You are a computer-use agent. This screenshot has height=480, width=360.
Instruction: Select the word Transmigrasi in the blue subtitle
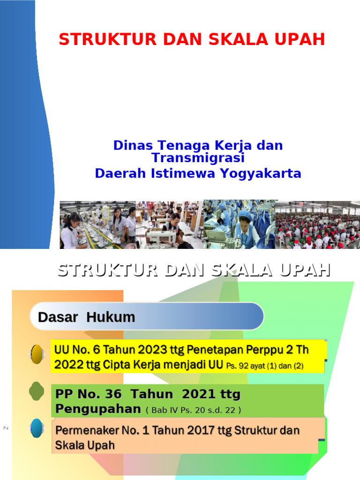pyautogui.click(x=198, y=157)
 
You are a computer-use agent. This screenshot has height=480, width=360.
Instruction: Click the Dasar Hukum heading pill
pyautogui.click(x=146, y=317)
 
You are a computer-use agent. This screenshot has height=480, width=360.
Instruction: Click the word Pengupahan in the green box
pyautogui.click(x=98, y=409)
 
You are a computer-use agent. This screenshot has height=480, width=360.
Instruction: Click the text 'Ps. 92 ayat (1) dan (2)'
pyautogui.click(x=265, y=366)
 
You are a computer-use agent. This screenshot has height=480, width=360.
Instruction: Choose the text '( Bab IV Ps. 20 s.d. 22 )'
pyautogui.click(x=194, y=410)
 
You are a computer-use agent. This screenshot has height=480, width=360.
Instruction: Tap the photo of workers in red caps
pyautogui.click(x=317, y=224)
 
